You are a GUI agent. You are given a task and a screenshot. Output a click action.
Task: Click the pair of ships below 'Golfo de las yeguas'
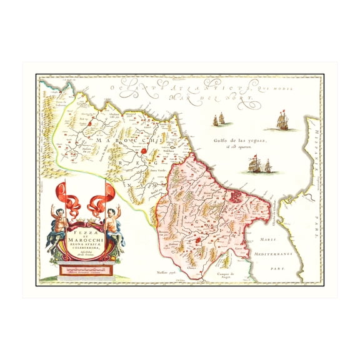pos(259,166)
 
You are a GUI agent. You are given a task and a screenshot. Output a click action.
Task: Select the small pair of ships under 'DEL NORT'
pos(219,119)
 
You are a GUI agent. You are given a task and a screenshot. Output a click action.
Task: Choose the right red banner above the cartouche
pos(103,198)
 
